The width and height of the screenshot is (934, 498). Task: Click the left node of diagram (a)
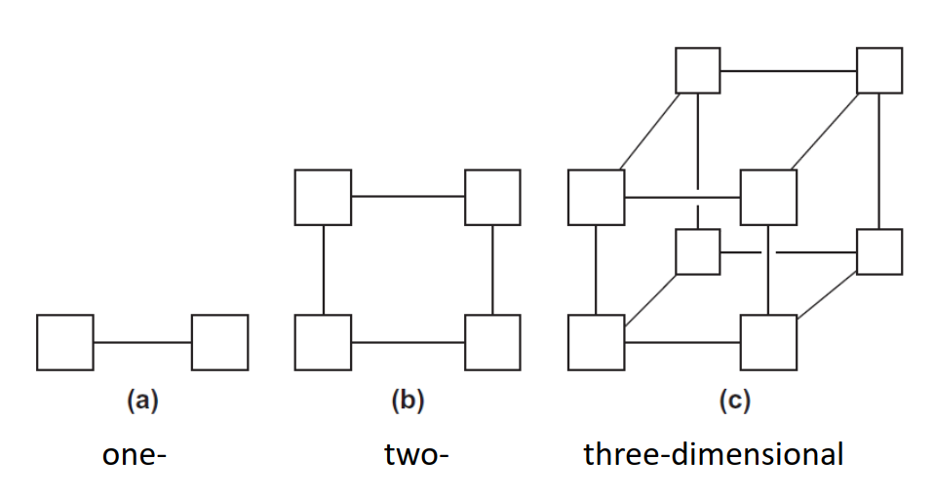click(65, 342)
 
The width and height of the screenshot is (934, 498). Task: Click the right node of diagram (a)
click(219, 342)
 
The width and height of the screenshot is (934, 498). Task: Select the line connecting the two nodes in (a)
click(142, 342)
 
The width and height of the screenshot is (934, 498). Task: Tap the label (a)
click(142, 401)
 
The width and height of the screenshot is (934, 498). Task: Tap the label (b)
click(408, 401)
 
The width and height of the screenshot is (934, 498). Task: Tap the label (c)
click(733, 401)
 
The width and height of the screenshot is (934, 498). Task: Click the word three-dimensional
click(713, 455)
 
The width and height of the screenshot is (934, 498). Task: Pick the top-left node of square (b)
click(323, 197)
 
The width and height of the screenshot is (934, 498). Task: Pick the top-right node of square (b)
click(492, 197)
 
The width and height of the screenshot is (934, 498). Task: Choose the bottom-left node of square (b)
click(323, 342)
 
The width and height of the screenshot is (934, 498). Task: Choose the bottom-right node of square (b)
click(492, 342)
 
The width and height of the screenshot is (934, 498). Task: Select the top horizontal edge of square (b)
click(408, 197)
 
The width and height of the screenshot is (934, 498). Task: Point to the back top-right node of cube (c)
click(879, 70)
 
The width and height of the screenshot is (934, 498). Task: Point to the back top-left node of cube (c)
click(698, 70)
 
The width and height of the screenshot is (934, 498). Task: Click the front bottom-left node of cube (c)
click(596, 342)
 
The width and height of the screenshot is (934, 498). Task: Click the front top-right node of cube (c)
click(768, 197)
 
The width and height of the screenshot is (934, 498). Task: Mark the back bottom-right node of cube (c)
click(879, 251)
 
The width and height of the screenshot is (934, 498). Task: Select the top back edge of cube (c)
click(789, 70)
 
